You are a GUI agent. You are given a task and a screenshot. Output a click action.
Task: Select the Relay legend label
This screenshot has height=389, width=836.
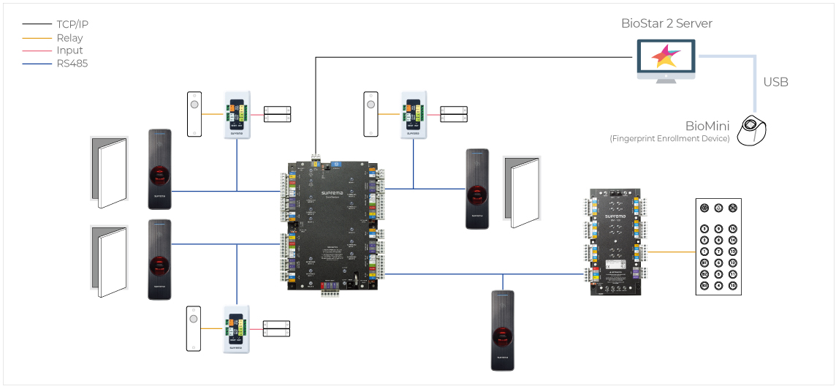[x=69, y=37]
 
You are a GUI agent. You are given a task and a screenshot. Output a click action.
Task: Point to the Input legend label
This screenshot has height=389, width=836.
[x=69, y=50]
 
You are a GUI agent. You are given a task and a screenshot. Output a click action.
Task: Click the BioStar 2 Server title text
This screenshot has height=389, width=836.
[x=666, y=23]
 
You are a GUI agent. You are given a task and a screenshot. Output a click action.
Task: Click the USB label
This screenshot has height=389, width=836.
[x=775, y=82]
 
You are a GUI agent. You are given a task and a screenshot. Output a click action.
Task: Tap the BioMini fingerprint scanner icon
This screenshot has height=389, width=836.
[x=753, y=132]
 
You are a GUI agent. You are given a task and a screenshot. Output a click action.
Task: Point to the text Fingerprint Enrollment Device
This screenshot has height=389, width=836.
[x=669, y=139]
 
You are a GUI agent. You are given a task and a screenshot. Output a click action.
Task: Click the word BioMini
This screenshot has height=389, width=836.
[x=707, y=126]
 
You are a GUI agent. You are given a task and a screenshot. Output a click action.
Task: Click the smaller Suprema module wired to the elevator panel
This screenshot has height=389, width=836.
[x=615, y=242]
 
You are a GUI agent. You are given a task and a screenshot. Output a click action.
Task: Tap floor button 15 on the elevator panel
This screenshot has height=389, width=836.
[x=732, y=229]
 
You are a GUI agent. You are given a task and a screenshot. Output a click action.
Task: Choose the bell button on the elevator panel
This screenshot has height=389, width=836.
[x=718, y=208]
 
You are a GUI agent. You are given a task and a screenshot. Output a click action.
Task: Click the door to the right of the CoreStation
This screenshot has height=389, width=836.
[x=522, y=192]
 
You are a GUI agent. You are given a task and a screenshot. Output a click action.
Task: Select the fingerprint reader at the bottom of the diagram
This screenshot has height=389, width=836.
[x=503, y=331]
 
